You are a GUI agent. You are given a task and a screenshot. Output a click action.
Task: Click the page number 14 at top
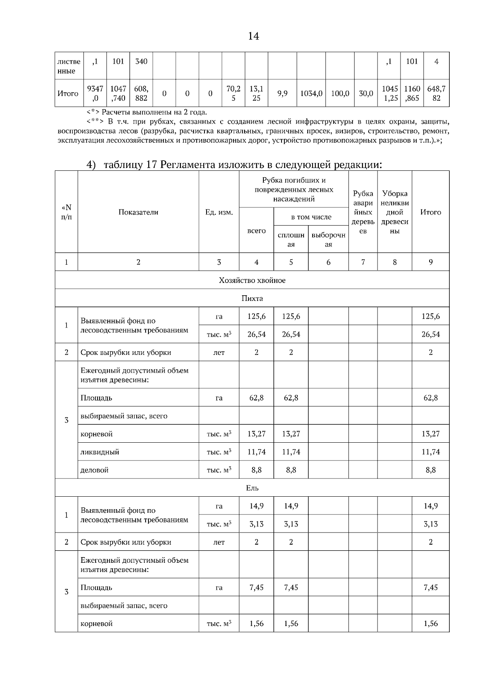253,36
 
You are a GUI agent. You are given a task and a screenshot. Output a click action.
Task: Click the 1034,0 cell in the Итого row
311,93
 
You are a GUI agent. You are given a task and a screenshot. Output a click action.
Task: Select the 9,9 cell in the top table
282,93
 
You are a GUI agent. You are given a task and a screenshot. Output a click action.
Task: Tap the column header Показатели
138,212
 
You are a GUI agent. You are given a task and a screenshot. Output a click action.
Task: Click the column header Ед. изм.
219,212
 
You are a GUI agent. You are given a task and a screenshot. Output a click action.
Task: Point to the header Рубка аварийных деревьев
363,212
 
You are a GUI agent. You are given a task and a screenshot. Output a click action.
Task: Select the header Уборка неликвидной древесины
394,212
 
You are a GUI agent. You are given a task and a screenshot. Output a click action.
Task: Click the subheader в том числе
311,217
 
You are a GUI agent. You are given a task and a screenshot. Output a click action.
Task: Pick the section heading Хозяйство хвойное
252,280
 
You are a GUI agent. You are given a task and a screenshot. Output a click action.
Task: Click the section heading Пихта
252,298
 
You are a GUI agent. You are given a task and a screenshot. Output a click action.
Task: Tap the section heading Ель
252,488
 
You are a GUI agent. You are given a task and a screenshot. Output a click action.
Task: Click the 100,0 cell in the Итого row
340,93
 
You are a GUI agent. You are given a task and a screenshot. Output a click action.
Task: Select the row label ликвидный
100,452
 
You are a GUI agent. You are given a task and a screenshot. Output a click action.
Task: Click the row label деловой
94,470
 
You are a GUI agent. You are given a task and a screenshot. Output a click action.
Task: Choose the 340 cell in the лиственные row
141,62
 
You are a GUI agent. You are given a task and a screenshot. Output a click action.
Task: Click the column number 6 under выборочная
328,262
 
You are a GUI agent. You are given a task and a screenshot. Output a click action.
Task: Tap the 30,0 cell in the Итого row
366,93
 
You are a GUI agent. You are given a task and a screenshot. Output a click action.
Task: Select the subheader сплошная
291,240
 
